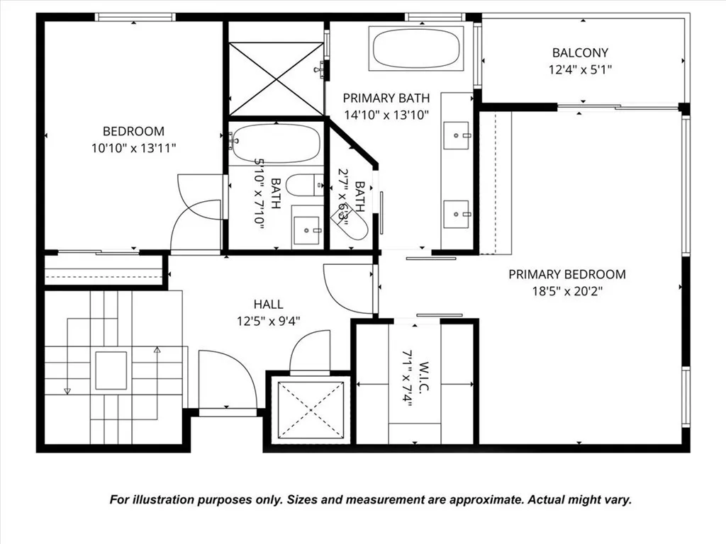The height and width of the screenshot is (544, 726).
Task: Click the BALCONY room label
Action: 580,52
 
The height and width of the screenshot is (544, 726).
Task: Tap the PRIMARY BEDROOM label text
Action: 567,274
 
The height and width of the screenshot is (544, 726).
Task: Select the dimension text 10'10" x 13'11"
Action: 134,148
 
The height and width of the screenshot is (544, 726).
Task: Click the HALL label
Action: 269,305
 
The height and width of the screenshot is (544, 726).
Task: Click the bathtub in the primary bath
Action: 417,48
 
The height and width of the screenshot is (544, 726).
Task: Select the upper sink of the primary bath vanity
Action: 456,135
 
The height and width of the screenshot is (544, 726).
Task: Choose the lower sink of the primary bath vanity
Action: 456,213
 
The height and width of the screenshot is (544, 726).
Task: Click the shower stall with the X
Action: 277,79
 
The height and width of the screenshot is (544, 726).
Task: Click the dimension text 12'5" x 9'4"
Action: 269,321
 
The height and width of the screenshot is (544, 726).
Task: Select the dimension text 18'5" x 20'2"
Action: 567,290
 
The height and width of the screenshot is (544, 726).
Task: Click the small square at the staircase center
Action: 111,370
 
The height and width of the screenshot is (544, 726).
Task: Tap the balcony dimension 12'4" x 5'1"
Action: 580,69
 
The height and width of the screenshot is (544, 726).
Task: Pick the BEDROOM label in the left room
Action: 133,131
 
